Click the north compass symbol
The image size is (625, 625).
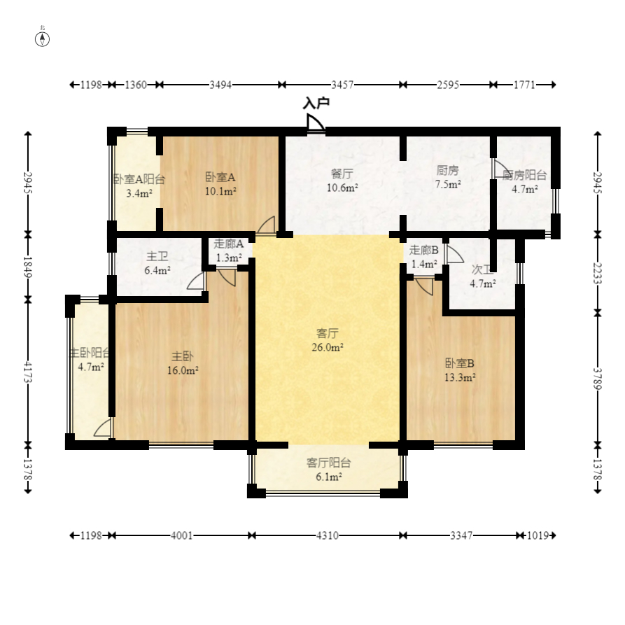(x=42, y=39)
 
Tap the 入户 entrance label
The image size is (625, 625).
(x=316, y=103)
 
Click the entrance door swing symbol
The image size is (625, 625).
(x=315, y=122)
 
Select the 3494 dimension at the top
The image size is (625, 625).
(x=220, y=85)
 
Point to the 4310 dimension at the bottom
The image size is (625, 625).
(x=328, y=535)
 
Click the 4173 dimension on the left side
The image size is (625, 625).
(x=27, y=372)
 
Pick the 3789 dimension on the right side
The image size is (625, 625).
(x=597, y=378)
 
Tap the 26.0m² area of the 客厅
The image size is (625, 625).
(x=328, y=347)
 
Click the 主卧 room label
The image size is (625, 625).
(x=183, y=356)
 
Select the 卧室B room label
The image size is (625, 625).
(x=460, y=363)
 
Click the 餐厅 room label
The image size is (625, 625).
(x=342, y=174)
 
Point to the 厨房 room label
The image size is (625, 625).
(x=448, y=170)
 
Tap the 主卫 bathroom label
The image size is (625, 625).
(x=157, y=256)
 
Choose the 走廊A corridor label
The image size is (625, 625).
(x=228, y=244)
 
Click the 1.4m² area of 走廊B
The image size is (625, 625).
(x=424, y=264)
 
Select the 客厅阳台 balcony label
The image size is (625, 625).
(x=328, y=463)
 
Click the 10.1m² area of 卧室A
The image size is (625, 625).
(x=221, y=191)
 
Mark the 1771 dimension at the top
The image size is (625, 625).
(x=524, y=85)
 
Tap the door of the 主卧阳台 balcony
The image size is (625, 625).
(x=103, y=428)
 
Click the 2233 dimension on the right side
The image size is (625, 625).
(x=597, y=273)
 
